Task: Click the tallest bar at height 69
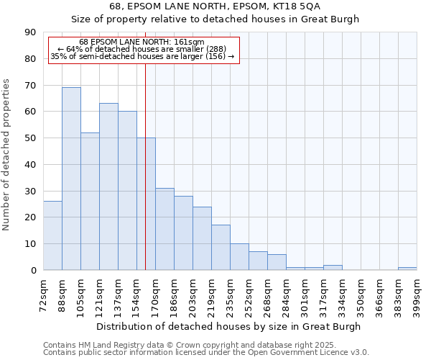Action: [71, 179]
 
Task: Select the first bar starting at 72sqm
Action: [52, 235]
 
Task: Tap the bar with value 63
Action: [108, 186]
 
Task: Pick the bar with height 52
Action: [90, 201]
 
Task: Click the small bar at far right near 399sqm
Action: [407, 269]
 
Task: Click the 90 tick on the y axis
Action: [30, 32]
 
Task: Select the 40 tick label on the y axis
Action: [30, 165]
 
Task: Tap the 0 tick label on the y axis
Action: [33, 271]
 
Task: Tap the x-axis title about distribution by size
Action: [230, 326]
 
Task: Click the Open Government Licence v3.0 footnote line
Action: [206, 352]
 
